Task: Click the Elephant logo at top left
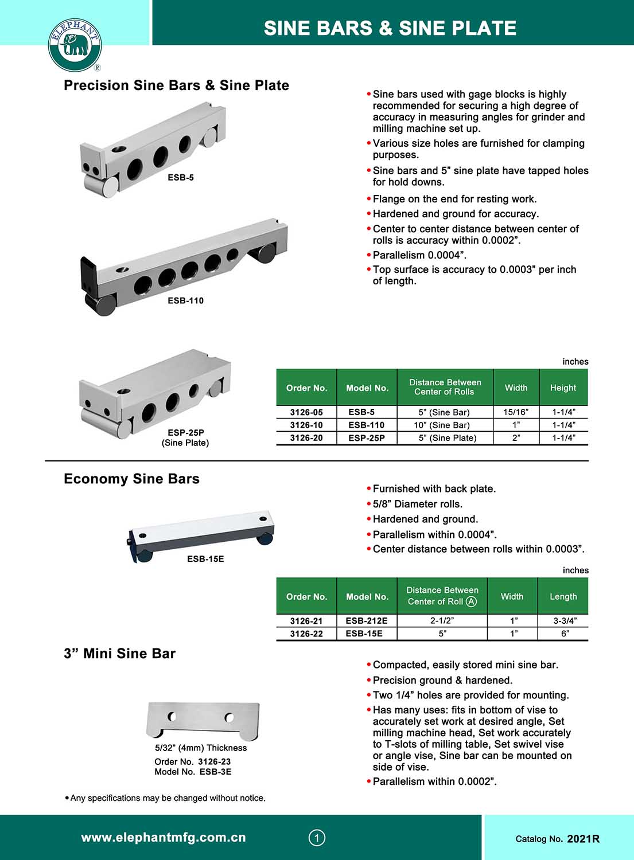click(x=75, y=45)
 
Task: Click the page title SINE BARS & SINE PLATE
click(x=390, y=28)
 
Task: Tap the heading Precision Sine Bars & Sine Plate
click(x=176, y=85)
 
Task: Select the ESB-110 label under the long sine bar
click(x=185, y=300)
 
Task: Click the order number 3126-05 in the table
click(x=306, y=412)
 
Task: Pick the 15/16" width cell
click(x=516, y=412)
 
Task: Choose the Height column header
click(x=563, y=388)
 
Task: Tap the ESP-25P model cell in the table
click(x=367, y=438)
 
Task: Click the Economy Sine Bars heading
click(x=131, y=479)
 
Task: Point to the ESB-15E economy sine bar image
click(x=201, y=534)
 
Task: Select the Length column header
click(x=563, y=596)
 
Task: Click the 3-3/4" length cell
click(x=565, y=621)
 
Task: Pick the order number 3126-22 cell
click(x=306, y=634)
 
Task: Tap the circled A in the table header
click(x=471, y=601)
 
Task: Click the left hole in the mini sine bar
click(x=172, y=716)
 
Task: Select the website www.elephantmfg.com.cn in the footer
click(x=164, y=838)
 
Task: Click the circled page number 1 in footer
click(x=317, y=838)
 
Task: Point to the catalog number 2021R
click(x=583, y=839)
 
